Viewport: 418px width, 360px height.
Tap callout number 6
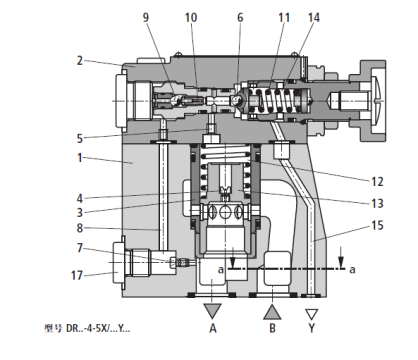coord(240,17)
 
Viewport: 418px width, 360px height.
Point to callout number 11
coord(284,17)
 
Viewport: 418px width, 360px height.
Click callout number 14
coord(314,17)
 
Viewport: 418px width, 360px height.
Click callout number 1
coord(77,157)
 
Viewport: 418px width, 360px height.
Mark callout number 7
coord(77,247)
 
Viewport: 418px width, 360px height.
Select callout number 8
coord(77,228)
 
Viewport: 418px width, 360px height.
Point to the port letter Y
coord(314,326)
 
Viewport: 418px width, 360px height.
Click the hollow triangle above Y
coord(314,302)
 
